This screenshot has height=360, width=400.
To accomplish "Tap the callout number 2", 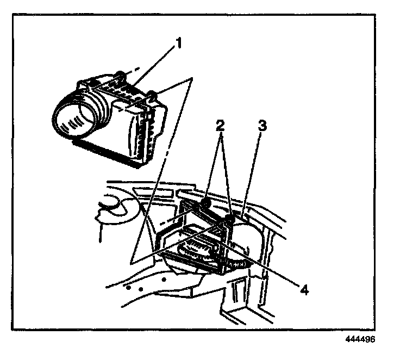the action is pos(220,126).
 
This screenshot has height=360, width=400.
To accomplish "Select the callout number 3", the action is pos(262,126).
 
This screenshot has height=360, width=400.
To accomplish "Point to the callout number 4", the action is pos(304,290).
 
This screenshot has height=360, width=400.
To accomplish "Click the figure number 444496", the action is pos(360,339).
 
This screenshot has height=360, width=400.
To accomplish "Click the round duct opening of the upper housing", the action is pos(73,120).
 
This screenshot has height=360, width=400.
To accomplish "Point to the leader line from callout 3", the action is pos(252,172).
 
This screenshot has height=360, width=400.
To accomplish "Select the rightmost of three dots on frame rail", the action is pos(164,280).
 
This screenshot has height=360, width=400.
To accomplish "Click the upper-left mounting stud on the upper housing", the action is pos(121,75).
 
